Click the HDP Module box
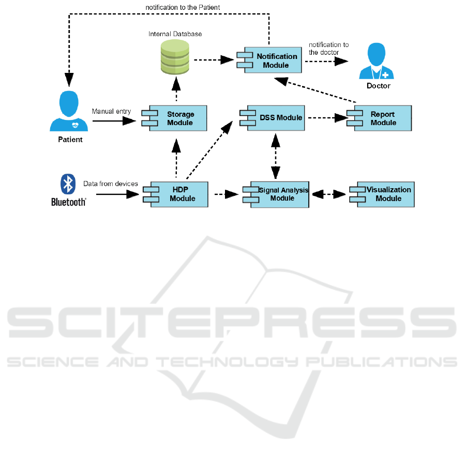pos(177,194)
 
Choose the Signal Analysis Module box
pos(279,194)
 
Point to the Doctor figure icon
pos(378,62)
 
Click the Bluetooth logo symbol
pos(68,184)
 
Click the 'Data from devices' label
pos(111,184)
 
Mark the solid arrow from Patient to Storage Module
pos(114,121)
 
